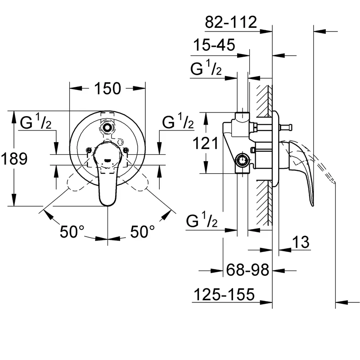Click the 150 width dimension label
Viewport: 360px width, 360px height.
[x=108, y=88]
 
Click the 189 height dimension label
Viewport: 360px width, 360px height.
[x=14, y=158]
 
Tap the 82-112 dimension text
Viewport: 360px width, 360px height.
[x=231, y=22]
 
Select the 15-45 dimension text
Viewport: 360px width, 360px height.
[x=215, y=45]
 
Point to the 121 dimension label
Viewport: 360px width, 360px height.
[x=206, y=144]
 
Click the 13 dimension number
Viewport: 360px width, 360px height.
[x=301, y=242]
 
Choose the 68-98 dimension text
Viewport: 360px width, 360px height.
[x=247, y=270]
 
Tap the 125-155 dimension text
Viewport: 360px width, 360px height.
[x=224, y=294]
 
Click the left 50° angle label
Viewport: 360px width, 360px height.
[x=72, y=231]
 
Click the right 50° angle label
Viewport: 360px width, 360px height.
[x=143, y=231]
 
